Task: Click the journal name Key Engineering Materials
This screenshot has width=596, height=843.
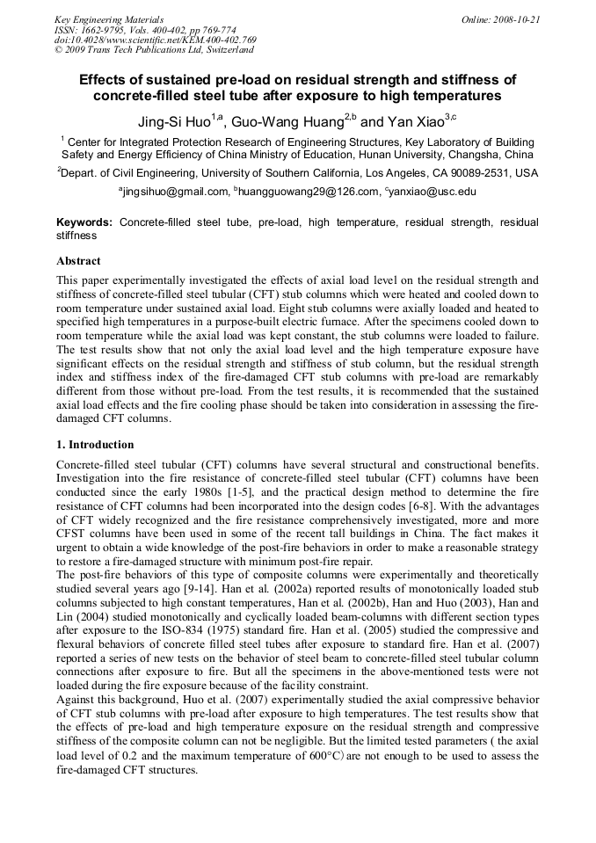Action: (109, 19)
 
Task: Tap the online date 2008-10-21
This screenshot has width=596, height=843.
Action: (518, 19)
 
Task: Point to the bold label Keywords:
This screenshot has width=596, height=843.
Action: (84, 222)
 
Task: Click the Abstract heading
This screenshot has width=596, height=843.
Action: (79, 261)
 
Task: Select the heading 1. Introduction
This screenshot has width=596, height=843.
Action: (96, 445)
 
